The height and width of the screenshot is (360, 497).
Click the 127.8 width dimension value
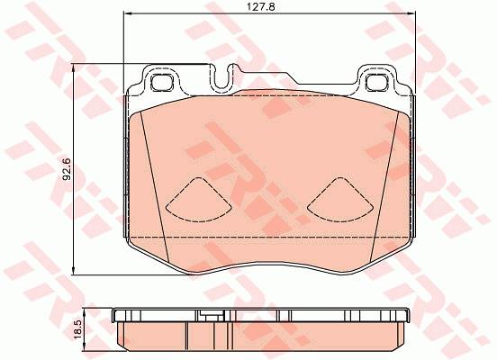pos(261,7)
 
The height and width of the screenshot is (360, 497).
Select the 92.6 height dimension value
pos(67,169)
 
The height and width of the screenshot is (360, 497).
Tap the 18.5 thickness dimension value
pos(78,329)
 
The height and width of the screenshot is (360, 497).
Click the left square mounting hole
pos(162,83)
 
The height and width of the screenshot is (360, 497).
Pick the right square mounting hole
pos(377,83)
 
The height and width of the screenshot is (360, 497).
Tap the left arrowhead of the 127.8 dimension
pos(126,13)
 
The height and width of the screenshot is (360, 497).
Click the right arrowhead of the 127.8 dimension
pos(411,13)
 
